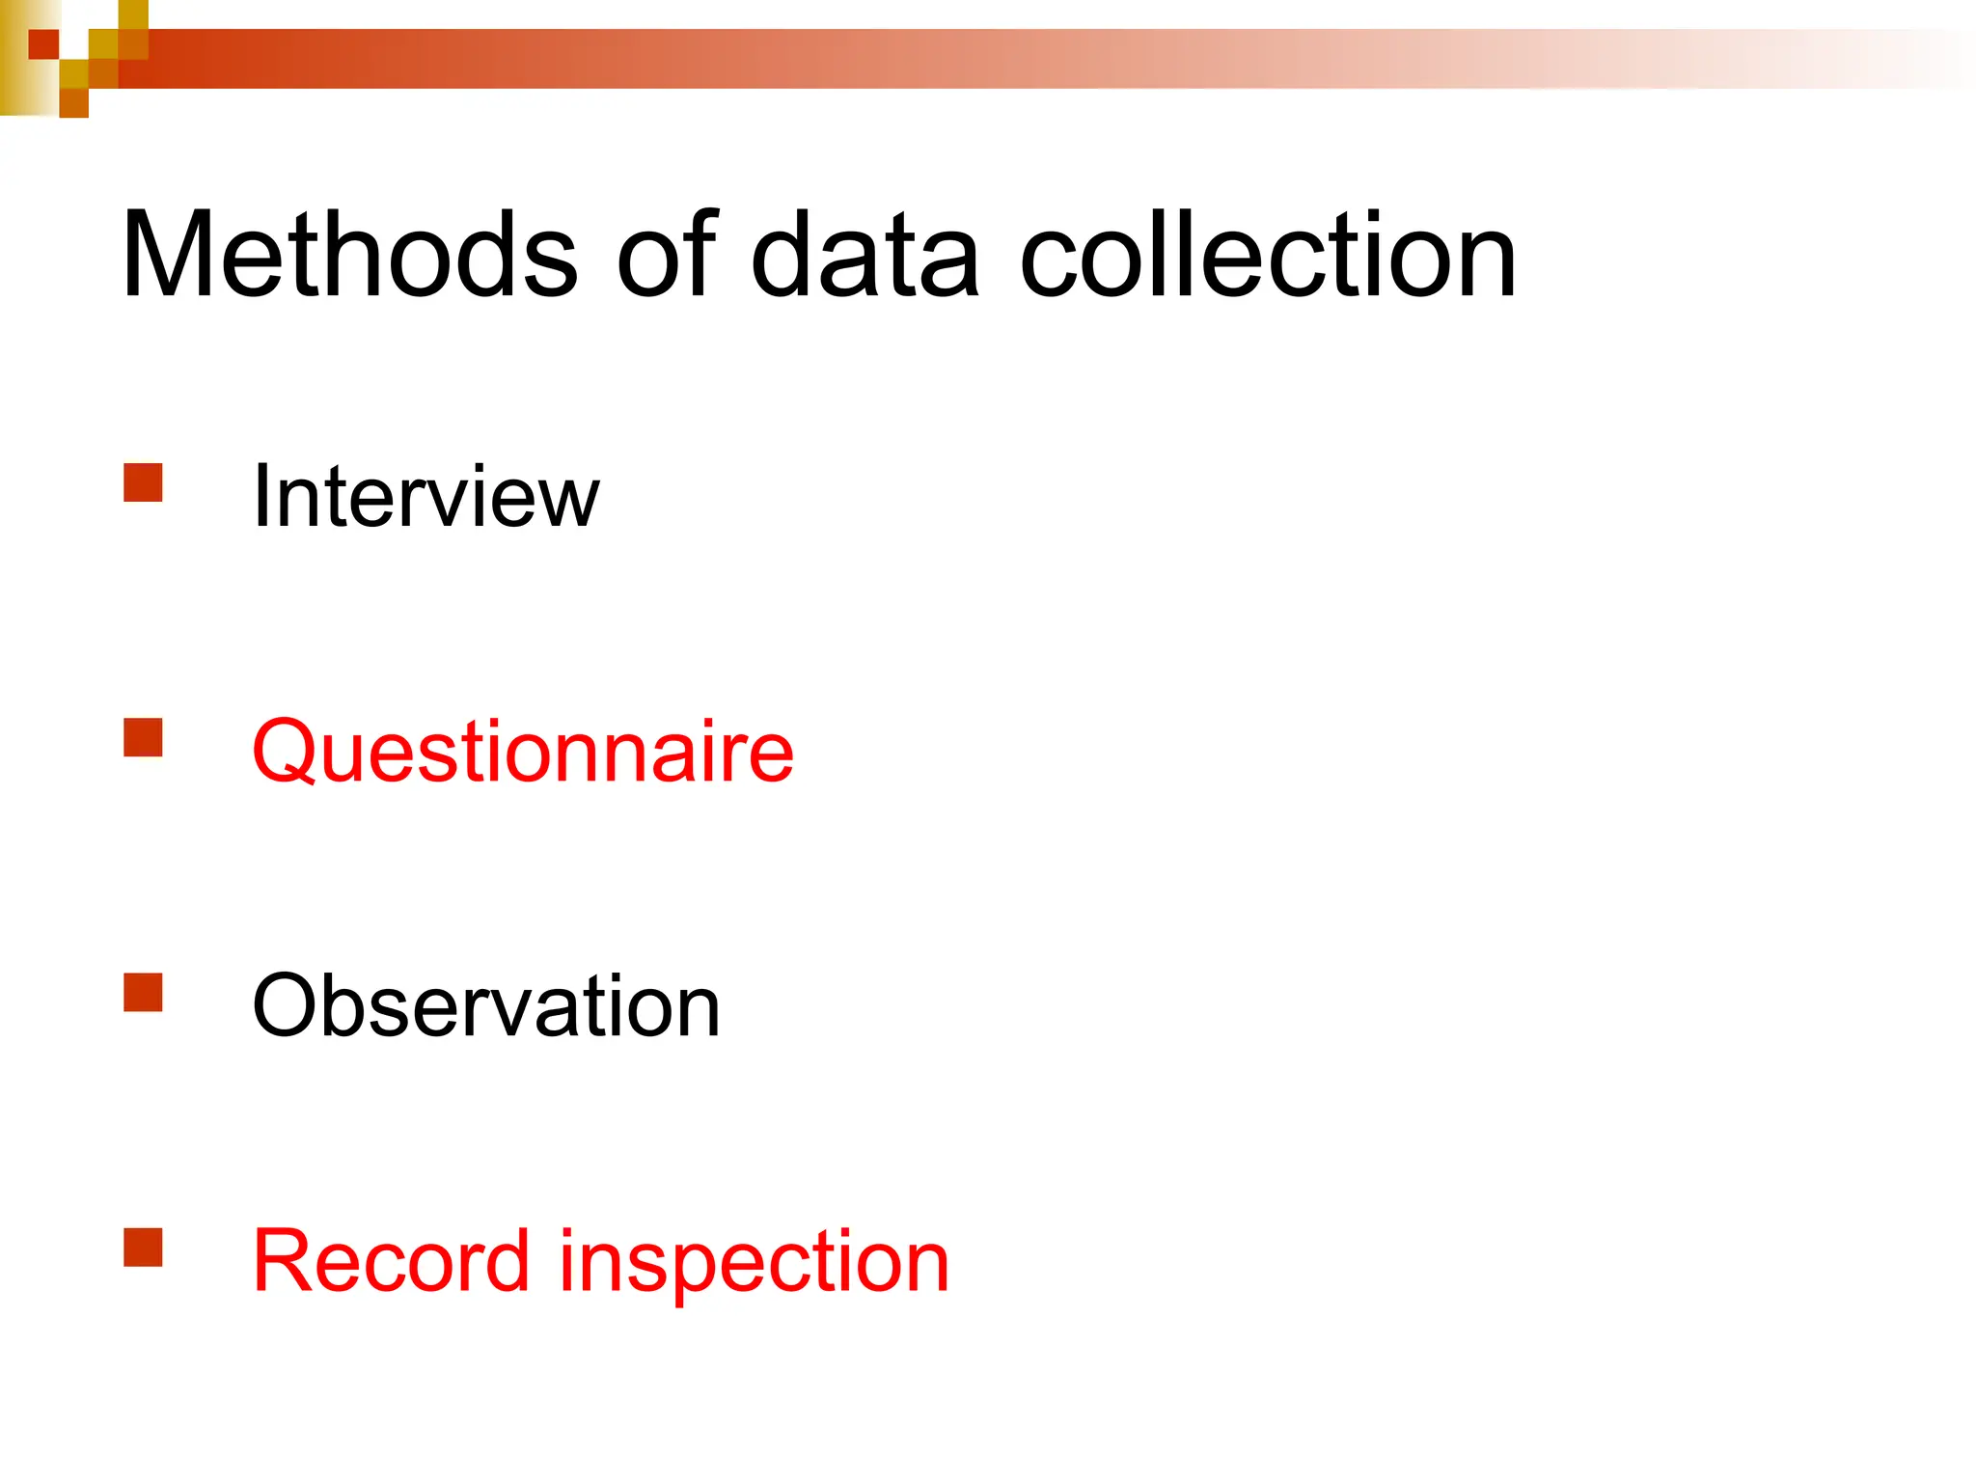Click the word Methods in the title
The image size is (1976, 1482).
click(349, 256)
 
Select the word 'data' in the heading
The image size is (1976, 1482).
click(865, 256)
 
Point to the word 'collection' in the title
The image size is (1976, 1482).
click(1268, 256)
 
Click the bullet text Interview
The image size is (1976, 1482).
click(425, 496)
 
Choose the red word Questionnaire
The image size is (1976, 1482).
click(522, 752)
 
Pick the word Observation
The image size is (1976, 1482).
click(485, 1006)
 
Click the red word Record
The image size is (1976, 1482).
click(391, 1261)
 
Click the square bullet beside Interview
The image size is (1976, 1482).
click(143, 483)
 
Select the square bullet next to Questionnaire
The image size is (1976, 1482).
click(143, 738)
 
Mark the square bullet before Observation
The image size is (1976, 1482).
click(143, 992)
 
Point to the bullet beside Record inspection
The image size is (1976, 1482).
click(143, 1247)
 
